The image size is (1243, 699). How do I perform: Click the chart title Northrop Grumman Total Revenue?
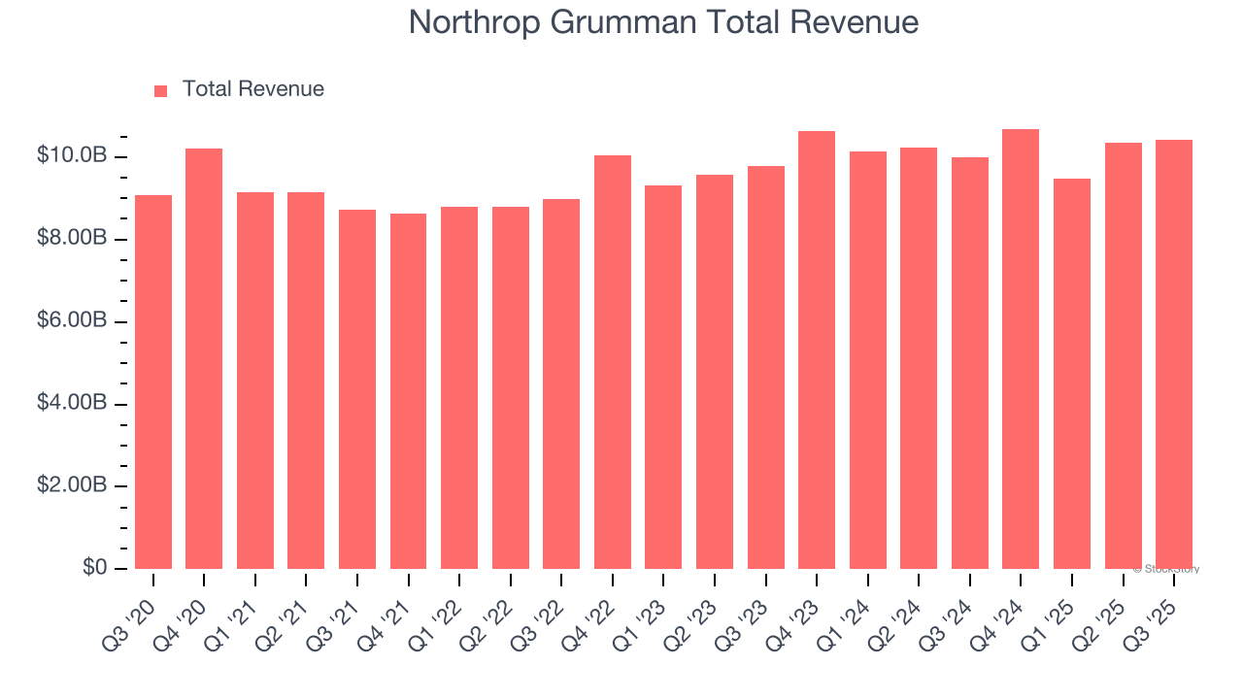click(x=663, y=22)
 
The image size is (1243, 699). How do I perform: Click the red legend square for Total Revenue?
click(x=161, y=90)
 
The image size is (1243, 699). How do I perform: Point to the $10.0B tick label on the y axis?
click(x=72, y=155)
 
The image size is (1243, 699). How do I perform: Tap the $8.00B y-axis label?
click(x=72, y=238)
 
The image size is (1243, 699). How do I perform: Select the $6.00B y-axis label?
click(x=72, y=320)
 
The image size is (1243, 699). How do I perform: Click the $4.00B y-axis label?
click(x=72, y=403)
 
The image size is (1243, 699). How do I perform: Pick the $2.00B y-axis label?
click(x=72, y=485)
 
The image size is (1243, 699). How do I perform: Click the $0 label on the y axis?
click(x=93, y=567)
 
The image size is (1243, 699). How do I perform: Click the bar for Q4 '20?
click(x=204, y=358)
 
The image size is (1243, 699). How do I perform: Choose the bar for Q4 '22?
click(x=613, y=362)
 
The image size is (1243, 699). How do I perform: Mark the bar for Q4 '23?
click(x=817, y=349)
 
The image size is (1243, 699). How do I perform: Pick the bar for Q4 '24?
click(x=1021, y=349)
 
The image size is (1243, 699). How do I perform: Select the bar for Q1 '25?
click(x=1072, y=374)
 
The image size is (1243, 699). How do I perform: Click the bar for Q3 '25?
click(x=1174, y=354)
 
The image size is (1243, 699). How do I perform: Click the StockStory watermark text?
click(x=1166, y=569)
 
